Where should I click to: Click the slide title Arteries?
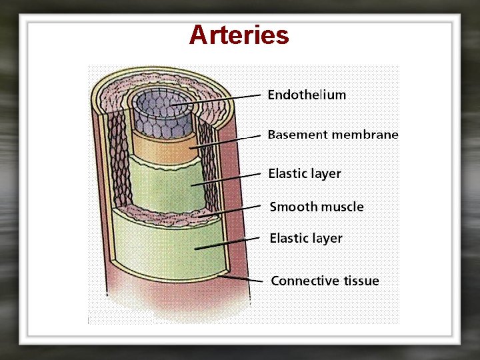pyautogui.click(x=239, y=35)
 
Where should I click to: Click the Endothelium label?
pyautogui.click(x=307, y=95)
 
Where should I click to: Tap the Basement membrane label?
pyautogui.click(x=333, y=135)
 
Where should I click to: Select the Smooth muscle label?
pyautogui.click(x=317, y=207)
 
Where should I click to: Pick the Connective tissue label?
pyautogui.click(x=325, y=281)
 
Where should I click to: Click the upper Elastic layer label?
pyautogui.click(x=304, y=174)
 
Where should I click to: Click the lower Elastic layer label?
pyautogui.click(x=305, y=238)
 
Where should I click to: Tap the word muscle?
pyautogui.click(x=342, y=207)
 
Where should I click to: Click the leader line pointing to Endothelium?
pyautogui.click(x=220, y=99)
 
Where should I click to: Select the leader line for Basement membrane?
pyautogui.click(x=227, y=141)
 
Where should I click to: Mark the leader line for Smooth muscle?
pyautogui.click(x=230, y=211)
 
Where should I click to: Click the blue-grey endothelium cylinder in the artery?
pyautogui.click(x=161, y=113)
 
